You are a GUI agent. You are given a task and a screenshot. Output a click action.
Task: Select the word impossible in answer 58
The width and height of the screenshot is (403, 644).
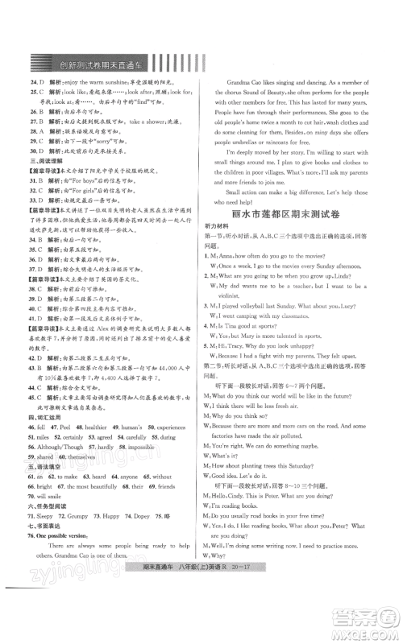point(164,441)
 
